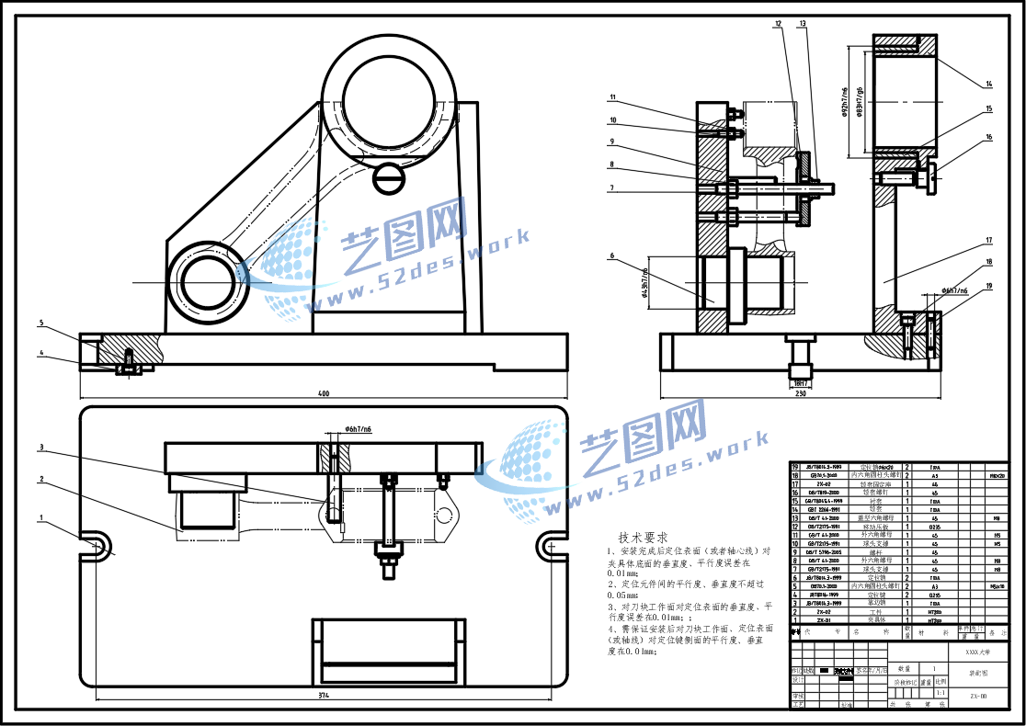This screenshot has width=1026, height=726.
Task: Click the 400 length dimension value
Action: [323, 394]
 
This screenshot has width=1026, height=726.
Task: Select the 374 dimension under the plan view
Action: [323, 696]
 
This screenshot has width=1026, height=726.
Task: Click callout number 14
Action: [989, 85]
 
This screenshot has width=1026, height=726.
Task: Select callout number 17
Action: [989, 242]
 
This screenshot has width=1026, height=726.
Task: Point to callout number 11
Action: [611, 97]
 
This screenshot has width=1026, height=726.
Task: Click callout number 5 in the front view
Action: [41, 323]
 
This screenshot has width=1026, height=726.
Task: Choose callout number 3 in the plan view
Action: [41, 448]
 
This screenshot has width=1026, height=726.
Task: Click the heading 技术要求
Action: [643, 537]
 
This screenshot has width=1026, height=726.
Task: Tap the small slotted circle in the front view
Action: [389, 175]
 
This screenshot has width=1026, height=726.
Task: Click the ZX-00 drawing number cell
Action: [977, 697]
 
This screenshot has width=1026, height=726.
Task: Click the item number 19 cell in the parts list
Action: [796, 468]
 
